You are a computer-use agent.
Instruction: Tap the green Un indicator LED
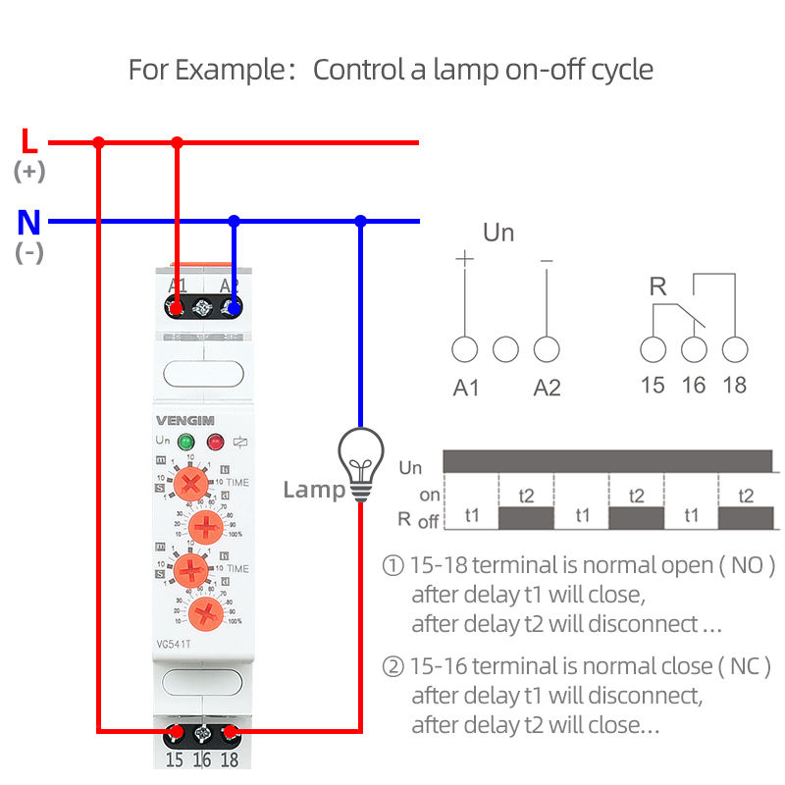tap(183, 443)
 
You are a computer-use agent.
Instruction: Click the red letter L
tap(29, 140)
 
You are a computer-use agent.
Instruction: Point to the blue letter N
tap(29, 222)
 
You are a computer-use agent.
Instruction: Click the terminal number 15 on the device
tap(175, 759)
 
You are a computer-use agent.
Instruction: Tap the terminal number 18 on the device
tap(230, 759)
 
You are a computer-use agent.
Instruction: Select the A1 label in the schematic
tap(466, 388)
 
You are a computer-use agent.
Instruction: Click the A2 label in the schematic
tap(547, 388)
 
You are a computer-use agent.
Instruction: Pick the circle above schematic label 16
tap(694, 348)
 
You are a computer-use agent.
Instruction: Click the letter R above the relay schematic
tap(657, 288)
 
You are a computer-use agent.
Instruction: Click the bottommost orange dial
tap(206, 614)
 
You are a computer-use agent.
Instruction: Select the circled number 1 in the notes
tap(392, 566)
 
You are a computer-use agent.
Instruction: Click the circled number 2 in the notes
tap(392, 667)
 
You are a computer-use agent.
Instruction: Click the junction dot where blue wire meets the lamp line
tap(360, 221)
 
